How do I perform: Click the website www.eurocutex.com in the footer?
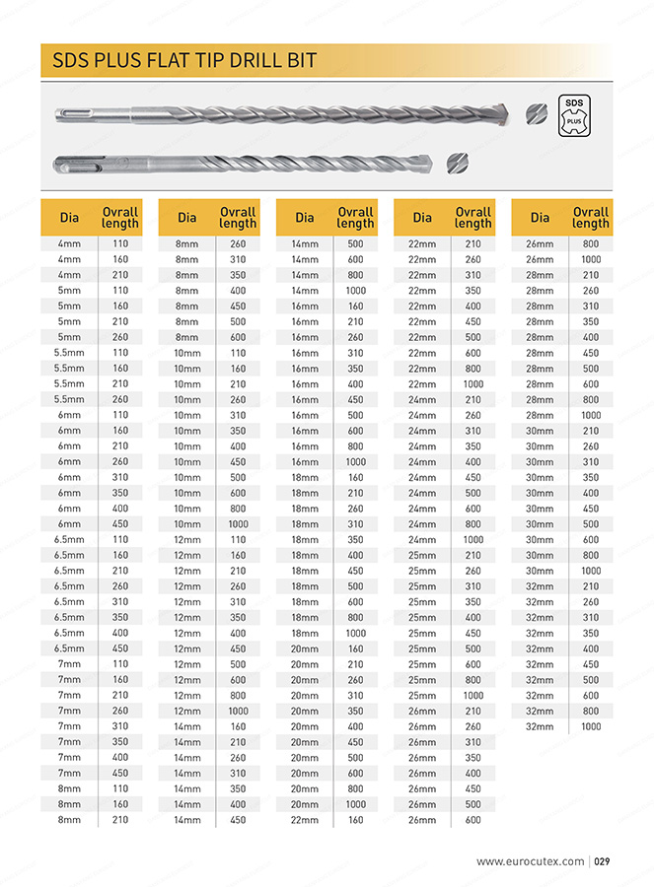tap(530, 861)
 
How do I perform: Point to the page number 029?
tap(604, 861)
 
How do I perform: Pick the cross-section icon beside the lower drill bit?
tap(456, 163)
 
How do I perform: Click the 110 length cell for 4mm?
tap(120, 243)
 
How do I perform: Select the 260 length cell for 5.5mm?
tap(120, 399)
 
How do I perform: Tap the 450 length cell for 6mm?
tap(120, 524)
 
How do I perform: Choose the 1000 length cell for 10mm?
tap(238, 524)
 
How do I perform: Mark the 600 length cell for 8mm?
tap(238, 337)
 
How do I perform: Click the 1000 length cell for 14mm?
tap(355, 291)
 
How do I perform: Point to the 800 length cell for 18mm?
tap(355, 618)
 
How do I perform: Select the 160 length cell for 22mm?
tap(355, 820)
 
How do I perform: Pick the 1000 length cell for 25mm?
tap(472, 696)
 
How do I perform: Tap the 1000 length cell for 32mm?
tap(590, 726)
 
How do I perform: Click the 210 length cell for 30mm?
tap(590, 431)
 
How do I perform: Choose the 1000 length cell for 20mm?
tap(355, 804)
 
